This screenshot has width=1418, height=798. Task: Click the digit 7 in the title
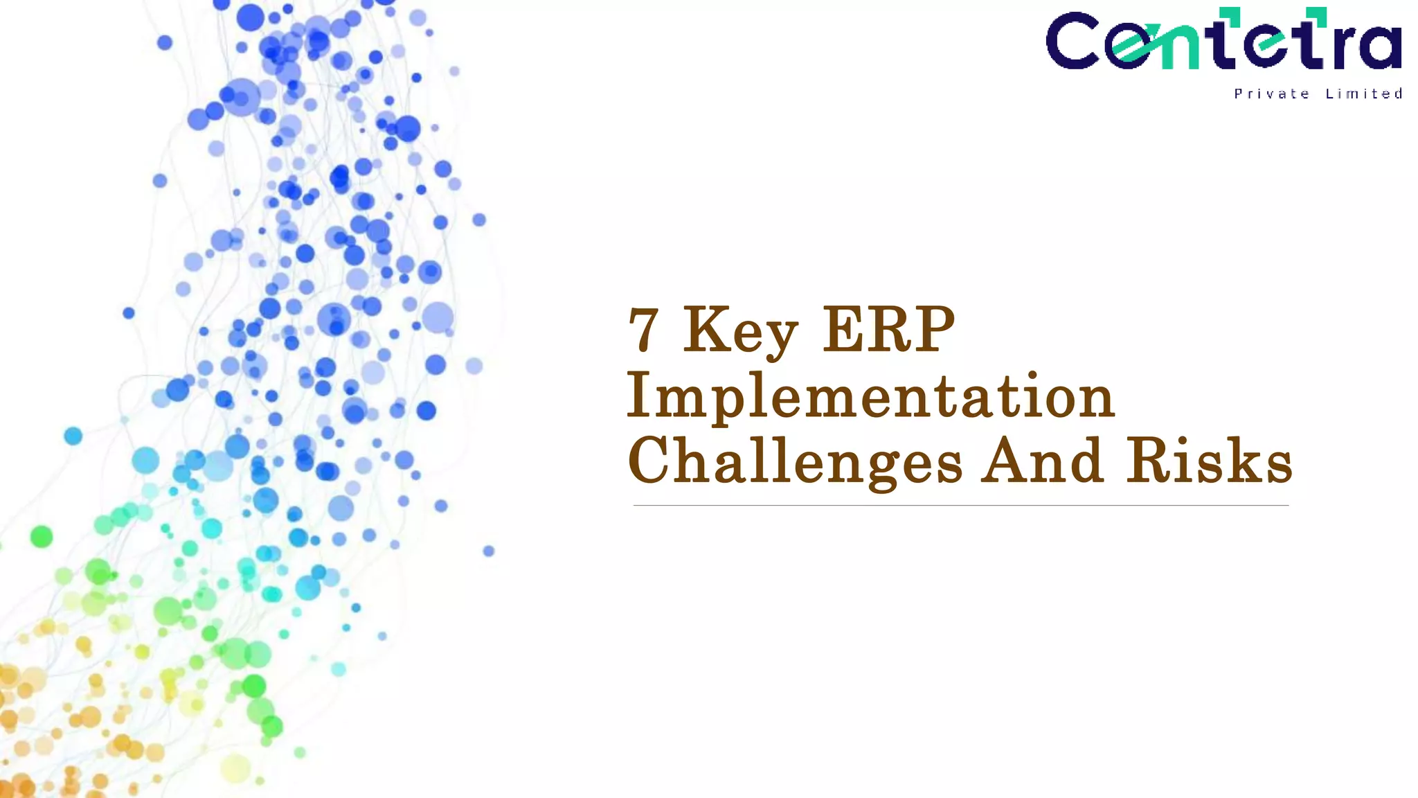point(643,330)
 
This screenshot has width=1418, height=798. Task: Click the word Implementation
point(870,396)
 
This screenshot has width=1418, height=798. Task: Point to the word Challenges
point(795,461)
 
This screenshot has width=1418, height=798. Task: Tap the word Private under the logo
point(1271,94)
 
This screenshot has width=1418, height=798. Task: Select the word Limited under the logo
point(1364,94)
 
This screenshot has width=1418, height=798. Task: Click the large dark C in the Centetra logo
point(1073,42)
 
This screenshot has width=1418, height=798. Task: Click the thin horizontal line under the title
point(960,506)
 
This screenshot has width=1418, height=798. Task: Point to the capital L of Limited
point(1329,94)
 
